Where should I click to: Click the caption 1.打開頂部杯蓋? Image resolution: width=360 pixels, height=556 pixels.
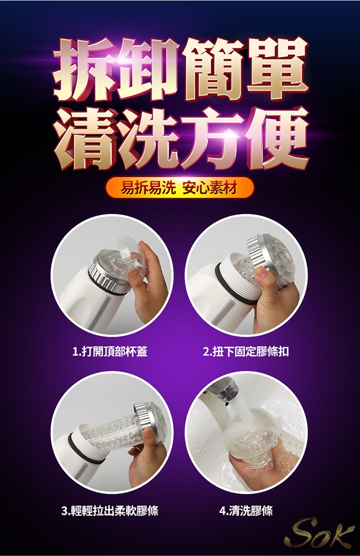click(x=110, y=351)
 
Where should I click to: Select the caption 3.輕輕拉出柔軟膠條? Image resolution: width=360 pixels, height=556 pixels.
click(x=110, y=511)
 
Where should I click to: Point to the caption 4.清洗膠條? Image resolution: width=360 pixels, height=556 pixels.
click(x=246, y=511)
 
